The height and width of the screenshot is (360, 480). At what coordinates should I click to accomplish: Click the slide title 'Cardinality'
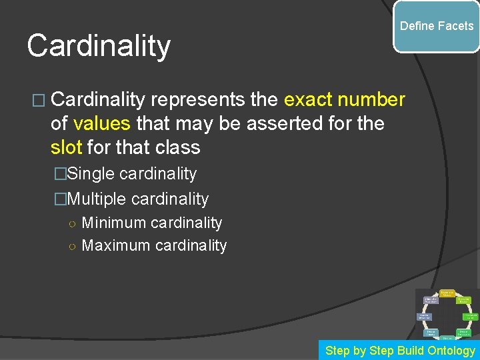coord(99,46)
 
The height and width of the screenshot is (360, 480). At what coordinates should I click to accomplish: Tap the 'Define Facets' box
coord(436,27)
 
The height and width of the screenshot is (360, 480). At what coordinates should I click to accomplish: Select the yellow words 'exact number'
coord(344,100)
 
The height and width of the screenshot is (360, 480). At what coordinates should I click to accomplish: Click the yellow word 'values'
coord(103,123)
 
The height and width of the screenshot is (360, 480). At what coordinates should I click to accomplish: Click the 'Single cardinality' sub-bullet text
coord(133,174)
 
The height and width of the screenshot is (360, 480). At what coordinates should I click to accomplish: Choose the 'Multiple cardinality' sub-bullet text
coord(139,199)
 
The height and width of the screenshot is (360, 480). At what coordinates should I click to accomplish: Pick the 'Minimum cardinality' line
coord(152,223)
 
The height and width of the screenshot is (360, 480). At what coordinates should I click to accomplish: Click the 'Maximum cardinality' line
coord(154,245)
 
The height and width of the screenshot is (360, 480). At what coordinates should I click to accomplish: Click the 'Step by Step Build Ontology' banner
coord(400,350)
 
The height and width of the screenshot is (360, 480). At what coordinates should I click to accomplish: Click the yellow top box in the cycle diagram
coord(447,293)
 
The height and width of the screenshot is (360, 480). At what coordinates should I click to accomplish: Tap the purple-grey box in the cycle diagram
coord(431,301)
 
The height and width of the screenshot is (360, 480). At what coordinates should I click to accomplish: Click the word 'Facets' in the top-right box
coord(456,26)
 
